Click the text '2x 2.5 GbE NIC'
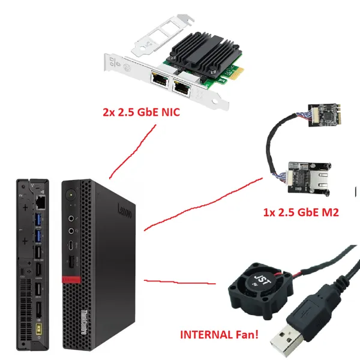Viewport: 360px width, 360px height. pos(141,112)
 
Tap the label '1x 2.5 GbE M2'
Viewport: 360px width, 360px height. pos(301,212)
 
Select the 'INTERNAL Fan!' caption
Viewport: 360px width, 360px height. pos(219,335)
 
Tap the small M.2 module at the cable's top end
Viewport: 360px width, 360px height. pos(324,115)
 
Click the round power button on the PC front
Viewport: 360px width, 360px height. pos(71,195)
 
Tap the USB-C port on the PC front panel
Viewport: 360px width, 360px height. pos(71,245)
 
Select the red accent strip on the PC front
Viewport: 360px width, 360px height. pos(71,280)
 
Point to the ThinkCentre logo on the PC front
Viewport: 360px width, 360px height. pos(84,322)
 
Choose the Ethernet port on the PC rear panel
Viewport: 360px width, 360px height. pos(41,202)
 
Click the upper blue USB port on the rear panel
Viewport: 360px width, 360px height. pos(38,220)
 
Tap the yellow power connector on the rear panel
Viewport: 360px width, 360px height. pos(39,329)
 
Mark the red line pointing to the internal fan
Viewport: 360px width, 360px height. pos(180,282)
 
